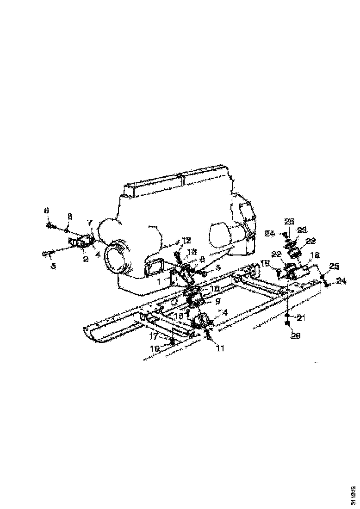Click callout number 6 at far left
point(47,211)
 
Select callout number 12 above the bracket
point(186,241)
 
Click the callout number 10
point(214,288)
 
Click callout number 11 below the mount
point(220,349)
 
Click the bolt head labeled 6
point(49,226)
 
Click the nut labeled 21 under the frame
point(288,316)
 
